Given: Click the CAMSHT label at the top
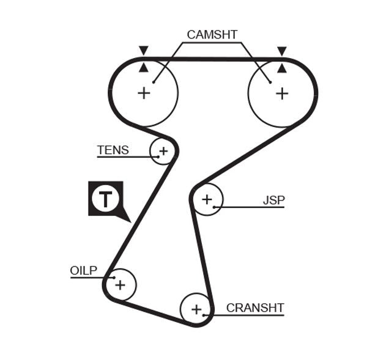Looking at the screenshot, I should pos(212,35).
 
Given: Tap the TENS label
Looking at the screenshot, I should pos(113,150).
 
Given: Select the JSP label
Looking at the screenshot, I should pos(273,200).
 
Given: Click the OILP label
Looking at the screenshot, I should pos(84,270).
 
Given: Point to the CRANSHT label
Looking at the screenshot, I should pos(255,307).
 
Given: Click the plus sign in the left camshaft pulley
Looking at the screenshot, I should pos(144,93).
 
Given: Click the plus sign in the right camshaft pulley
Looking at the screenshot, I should pos(281,93).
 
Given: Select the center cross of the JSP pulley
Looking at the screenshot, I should pos(207,199).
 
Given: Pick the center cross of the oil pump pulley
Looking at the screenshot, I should pos(120,284).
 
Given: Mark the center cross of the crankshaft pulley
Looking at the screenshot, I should pos(196,309).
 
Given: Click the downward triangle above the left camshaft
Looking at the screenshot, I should pos(144,50).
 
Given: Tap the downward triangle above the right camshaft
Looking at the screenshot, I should pos(281,50).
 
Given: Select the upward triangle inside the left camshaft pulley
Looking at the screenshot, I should pos(144,67).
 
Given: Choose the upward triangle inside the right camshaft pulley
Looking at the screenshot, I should pos(281,67).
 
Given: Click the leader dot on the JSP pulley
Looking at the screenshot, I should pos(214,207).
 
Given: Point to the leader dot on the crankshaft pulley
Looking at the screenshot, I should pos(204,315).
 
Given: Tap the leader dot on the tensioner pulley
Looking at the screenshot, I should pos(158,156).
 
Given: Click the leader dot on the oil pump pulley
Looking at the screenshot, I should pos(113,278).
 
